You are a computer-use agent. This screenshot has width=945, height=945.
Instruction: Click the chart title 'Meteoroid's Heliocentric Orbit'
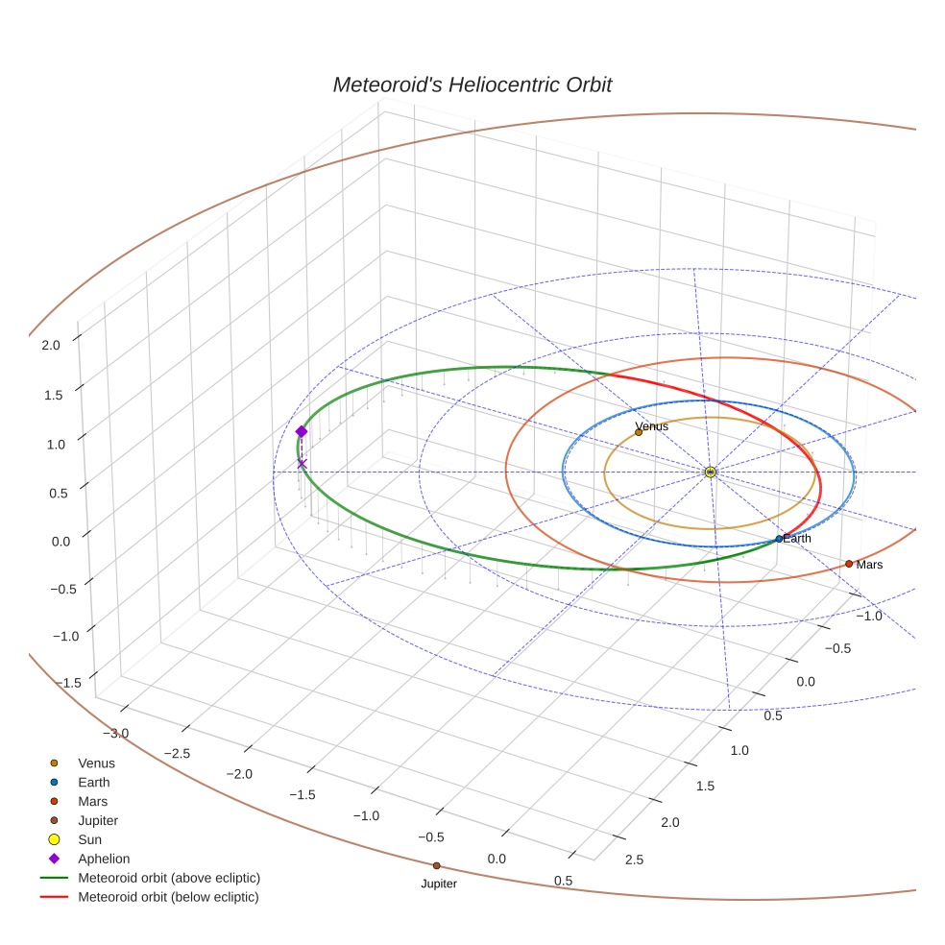pos(472,85)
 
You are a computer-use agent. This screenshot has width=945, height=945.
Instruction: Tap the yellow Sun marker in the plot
pos(710,472)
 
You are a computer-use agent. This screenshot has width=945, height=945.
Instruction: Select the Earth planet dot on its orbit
pos(778,539)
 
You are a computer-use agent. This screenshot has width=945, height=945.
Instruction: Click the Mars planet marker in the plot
pos(849,564)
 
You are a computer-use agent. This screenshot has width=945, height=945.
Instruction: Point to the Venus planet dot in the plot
pos(639,432)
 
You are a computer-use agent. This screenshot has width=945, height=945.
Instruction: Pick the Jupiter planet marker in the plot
pos(436,865)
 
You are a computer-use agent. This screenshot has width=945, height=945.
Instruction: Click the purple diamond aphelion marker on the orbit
pos(302,431)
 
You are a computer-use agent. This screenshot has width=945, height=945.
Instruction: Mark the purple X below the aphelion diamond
pos(303,464)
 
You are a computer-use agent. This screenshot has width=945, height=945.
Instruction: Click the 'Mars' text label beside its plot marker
pos(869,565)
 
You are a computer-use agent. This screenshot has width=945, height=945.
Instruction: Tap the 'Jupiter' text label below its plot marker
pos(439,884)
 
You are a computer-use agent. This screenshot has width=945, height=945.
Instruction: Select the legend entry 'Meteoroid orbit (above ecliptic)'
pos(169,878)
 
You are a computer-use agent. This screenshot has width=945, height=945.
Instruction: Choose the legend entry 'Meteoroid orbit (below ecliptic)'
pos(169,897)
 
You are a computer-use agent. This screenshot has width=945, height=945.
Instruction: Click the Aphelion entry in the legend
pos(104,859)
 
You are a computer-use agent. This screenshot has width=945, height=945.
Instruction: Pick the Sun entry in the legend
pos(89,839)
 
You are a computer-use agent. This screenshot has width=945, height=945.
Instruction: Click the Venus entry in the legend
pos(96,763)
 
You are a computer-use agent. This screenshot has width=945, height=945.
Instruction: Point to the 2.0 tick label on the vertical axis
pos(52,344)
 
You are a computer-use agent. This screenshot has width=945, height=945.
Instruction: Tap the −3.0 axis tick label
pos(116,734)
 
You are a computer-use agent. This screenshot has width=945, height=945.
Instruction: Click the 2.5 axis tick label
pos(634,860)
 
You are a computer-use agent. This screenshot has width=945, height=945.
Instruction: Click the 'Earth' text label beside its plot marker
pos(797,539)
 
